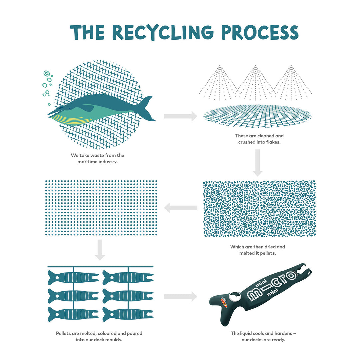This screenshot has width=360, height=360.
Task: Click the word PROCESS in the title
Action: (x=260, y=32)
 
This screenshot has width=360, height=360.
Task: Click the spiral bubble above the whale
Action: (x=47, y=73)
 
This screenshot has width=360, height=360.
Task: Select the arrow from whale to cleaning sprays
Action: (x=180, y=116)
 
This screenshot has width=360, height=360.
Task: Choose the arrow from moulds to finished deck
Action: (x=180, y=296)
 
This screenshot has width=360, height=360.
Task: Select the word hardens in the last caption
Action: (x=283, y=333)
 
